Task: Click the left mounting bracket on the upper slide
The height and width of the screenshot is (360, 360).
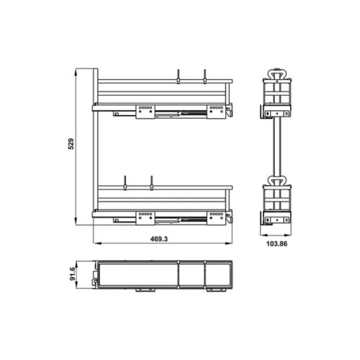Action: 145,109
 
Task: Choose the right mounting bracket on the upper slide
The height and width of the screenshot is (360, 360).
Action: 215,110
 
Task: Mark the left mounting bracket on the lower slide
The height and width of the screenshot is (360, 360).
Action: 145,214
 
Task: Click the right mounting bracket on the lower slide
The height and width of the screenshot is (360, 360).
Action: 215,215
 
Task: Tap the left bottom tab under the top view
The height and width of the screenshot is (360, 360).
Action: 141,291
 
